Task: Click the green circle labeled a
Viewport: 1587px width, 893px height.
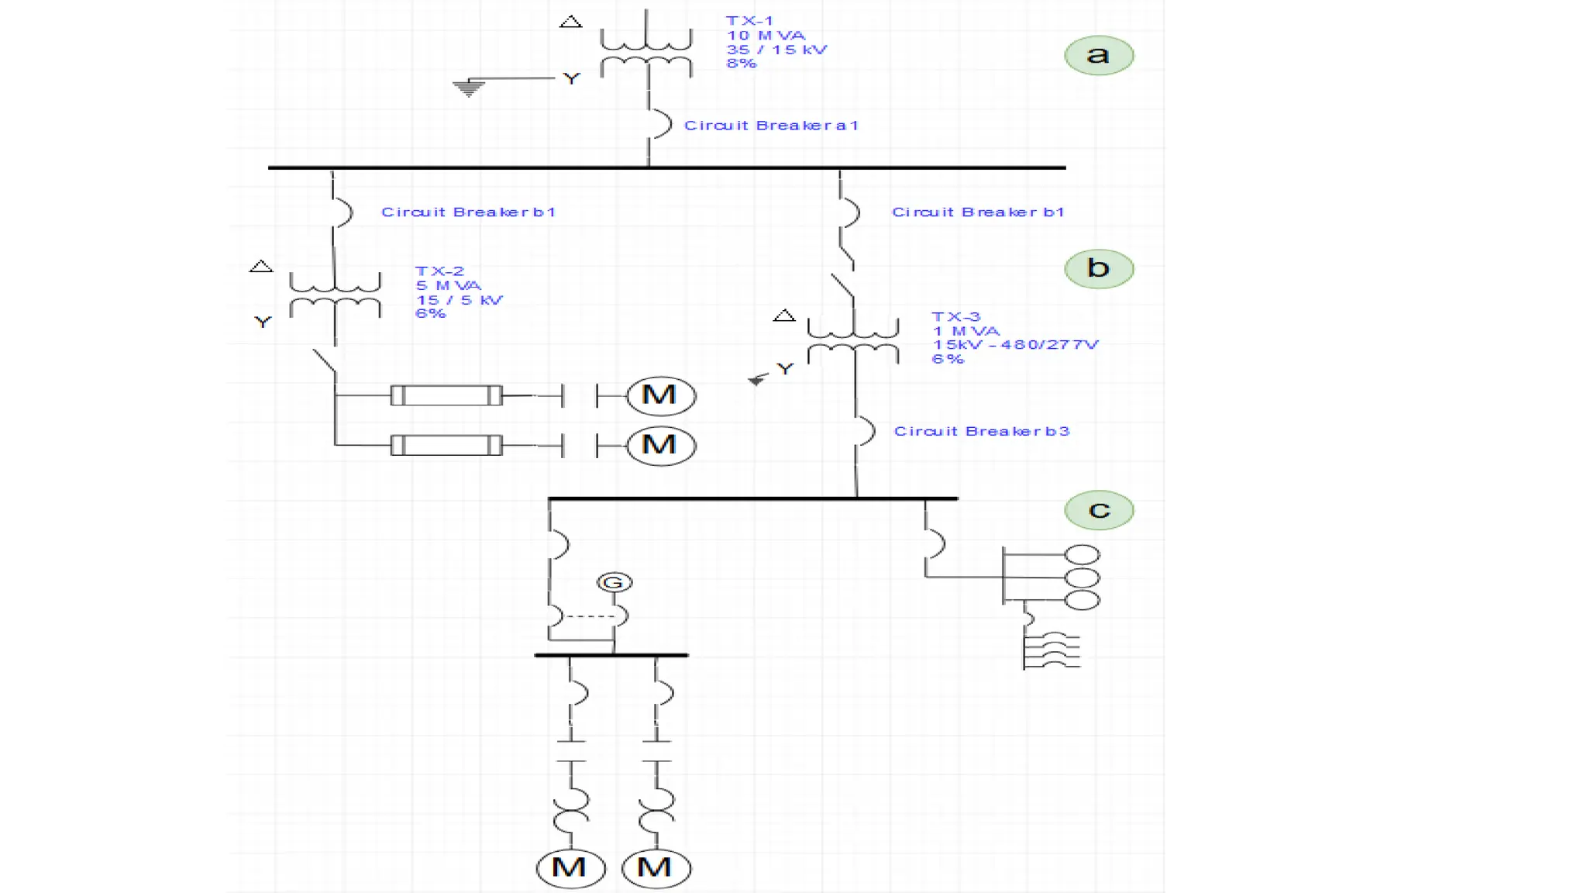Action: [x=1099, y=55]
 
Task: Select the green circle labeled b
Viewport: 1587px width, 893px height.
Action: [x=1099, y=268]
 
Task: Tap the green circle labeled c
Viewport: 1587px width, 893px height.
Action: [x=1099, y=510]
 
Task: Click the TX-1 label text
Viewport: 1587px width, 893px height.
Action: [x=749, y=21]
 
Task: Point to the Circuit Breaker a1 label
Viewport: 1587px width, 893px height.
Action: [x=771, y=126]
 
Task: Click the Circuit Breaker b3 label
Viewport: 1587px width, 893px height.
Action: [x=981, y=431]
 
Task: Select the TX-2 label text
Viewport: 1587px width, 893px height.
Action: [x=439, y=271]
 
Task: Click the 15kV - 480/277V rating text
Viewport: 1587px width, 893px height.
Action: [x=1015, y=345]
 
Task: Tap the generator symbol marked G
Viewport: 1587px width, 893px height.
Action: [x=614, y=583]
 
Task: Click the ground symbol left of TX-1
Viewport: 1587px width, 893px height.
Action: [x=469, y=88]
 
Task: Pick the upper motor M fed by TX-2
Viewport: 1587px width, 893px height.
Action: [x=660, y=395]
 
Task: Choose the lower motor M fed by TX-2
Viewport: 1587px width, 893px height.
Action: [x=660, y=445]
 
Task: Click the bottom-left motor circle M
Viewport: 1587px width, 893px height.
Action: [x=570, y=867]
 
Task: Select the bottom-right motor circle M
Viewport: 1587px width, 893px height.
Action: [x=656, y=867]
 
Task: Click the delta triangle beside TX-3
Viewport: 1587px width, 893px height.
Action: [x=784, y=315]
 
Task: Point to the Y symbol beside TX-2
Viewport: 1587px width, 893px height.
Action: [x=263, y=322]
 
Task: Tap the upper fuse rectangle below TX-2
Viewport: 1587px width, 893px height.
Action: [x=446, y=395]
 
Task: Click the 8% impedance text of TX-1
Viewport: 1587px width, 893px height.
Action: [x=741, y=64]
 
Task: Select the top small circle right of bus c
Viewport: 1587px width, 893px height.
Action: [x=1083, y=555]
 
